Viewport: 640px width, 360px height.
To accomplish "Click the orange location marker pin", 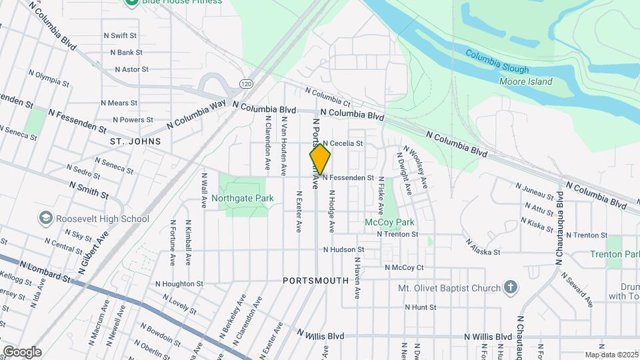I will (320, 159).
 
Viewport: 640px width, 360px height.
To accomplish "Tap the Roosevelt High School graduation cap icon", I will (45, 218).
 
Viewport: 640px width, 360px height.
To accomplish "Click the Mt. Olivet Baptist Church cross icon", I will (511, 288).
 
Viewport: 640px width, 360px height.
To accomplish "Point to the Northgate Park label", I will (243, 198).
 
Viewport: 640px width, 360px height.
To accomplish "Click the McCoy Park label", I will (389, 222).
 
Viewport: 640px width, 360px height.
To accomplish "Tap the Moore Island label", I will (526, 81).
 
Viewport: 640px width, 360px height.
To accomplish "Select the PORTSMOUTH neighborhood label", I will (315, 281).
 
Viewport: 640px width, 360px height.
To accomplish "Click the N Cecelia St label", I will (343, 143).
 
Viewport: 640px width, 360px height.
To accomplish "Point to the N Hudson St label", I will (343, 250).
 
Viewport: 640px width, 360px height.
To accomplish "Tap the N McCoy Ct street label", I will (405, 267).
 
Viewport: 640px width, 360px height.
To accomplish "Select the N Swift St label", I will (119, 35).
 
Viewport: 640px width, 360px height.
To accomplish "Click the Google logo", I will (21, 351).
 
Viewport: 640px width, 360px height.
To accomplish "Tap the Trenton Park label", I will (615, 254).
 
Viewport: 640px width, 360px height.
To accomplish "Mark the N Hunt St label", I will (420, 307).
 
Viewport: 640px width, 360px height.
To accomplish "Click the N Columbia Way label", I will (197, 113).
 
